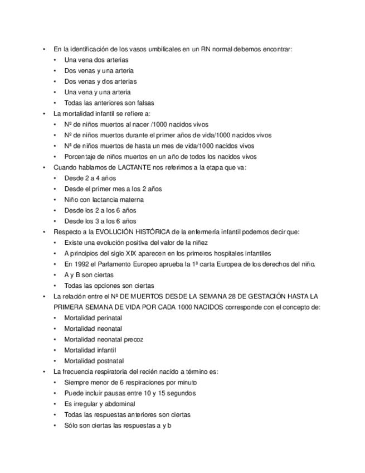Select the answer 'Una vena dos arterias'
tap(96, 60)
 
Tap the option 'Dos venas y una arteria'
tap(99, 71)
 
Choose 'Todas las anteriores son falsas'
tap(109, 103)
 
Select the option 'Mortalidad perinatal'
tap(93, 318)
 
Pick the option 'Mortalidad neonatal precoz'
tap(104, 339)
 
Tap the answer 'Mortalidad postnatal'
tap(94, 361)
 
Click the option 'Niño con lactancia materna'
tap(104, 200)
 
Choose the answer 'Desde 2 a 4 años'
tap(90, 178)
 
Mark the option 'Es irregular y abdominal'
tap(100, 404)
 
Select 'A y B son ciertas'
tap(89, 275)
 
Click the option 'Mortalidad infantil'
tap(90, 350)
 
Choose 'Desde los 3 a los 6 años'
tap(100, 221)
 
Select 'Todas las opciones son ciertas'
tap(109, 286)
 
